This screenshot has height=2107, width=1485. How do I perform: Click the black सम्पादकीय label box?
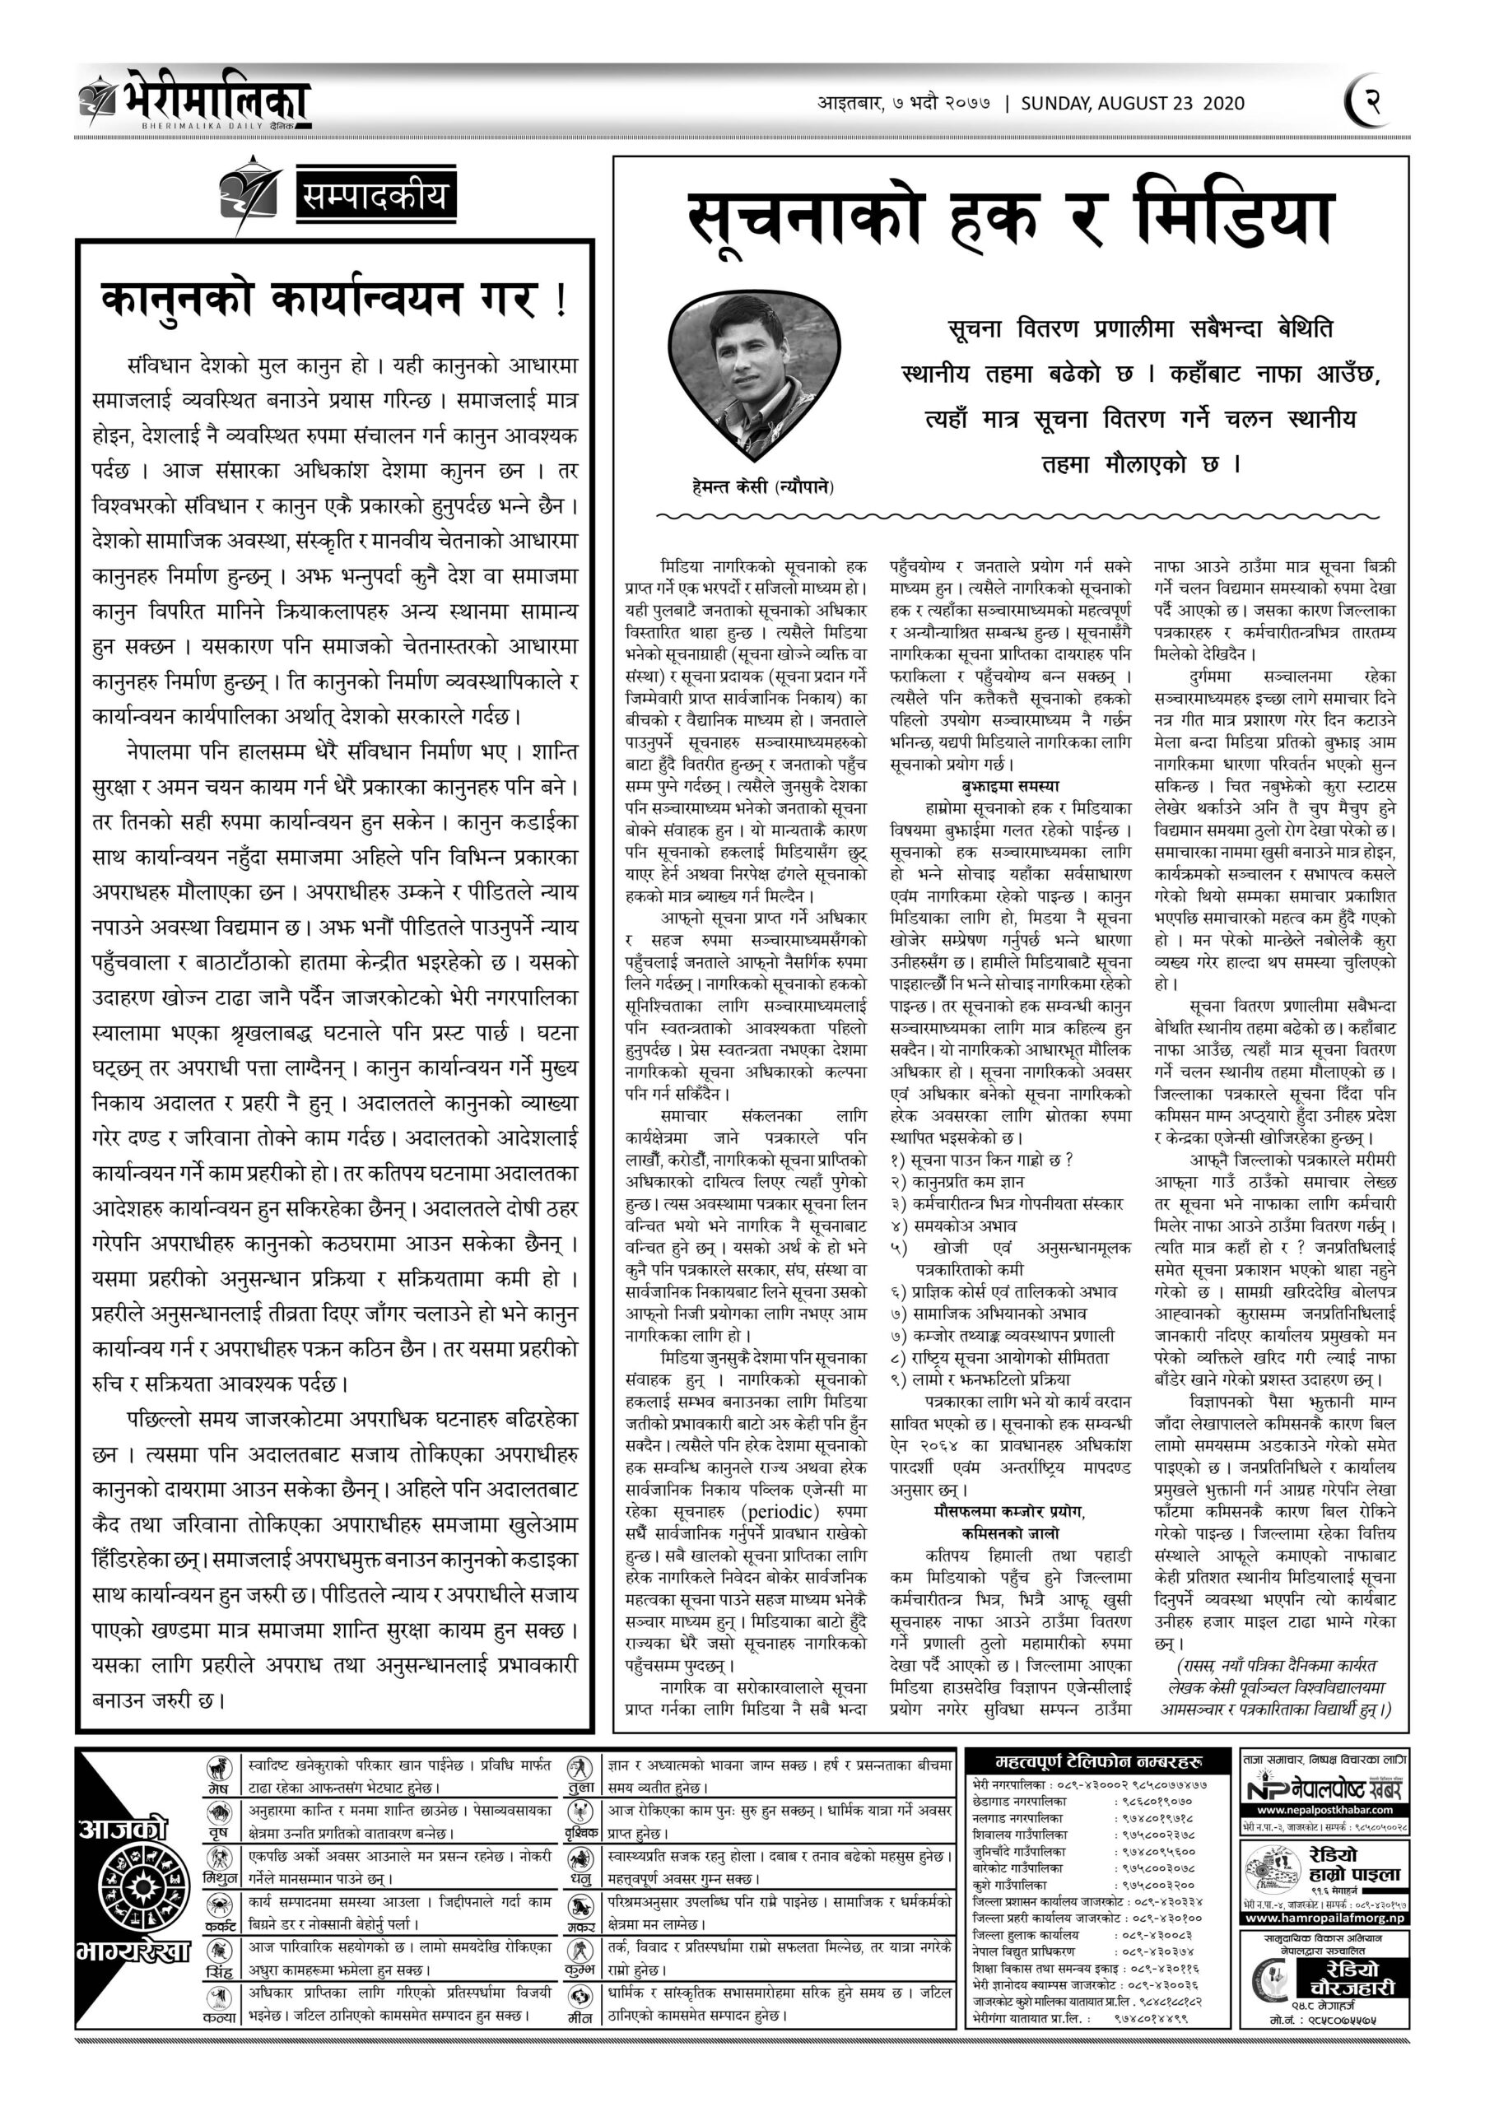click(376, 197)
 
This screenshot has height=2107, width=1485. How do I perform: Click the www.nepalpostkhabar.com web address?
click(1324, 1810)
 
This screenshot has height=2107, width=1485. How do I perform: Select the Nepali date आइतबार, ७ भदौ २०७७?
click(903, 103)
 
